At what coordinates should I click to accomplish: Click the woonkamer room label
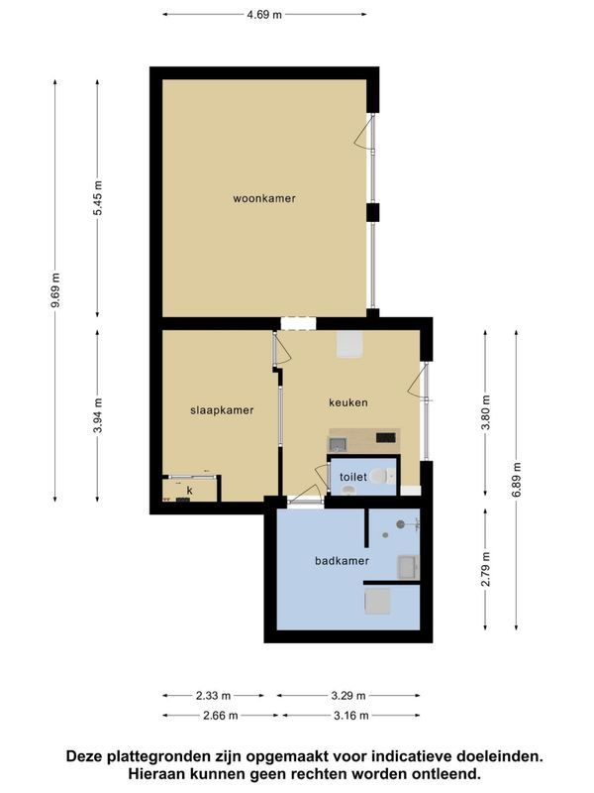click(x=264, y=198)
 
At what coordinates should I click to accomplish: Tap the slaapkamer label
click(x=222, y=410)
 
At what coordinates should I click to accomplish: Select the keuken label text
click(x=348, y=402)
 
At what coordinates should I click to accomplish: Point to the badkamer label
click(x=342, y=561)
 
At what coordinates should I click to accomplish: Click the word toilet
click(x=353, y=477)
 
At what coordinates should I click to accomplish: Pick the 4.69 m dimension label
click(x=264, y=15)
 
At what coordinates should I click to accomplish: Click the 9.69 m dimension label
click(x=55, y=289)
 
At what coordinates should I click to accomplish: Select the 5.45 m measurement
click(x=97, y=197)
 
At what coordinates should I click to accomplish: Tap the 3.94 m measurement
click(x=97, y=415)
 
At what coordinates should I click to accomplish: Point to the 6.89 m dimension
click(x=516, y=480)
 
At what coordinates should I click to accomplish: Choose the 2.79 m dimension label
click(x=485, y=569)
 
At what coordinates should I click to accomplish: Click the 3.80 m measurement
click(x=485, y=412)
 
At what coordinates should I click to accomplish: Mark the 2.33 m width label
click(x=213, y=696)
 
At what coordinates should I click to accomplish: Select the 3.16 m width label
click(x=351, y=716)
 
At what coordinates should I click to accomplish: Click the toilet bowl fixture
click(x=382, y=476)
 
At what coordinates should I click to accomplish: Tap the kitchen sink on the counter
click(x=338, y=444)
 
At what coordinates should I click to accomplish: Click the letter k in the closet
click(x=190, y=490)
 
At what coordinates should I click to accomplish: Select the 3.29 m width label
click(x=348, y=696)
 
